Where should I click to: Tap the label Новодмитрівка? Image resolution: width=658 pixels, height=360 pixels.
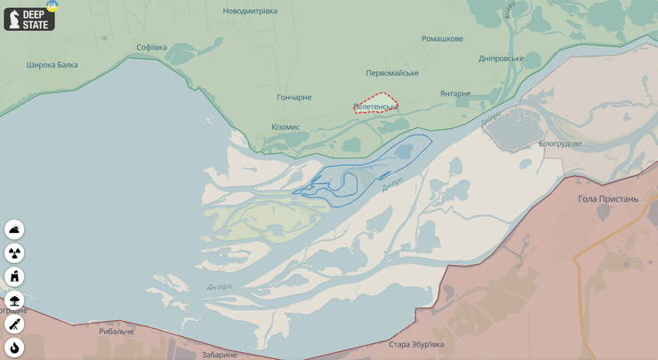pyautogui.click(x=250, y=11)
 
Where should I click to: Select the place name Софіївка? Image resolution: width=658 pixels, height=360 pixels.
pyautogui.click(x=151, y=47)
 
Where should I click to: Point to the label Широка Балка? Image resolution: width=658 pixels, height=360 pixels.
pyautogui.click(x=52, y=65)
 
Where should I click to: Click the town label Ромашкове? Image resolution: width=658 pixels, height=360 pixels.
pyautogui.click(x=442, y=39)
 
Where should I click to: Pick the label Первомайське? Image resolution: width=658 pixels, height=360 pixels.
pyautogui.click(x=392, y=73)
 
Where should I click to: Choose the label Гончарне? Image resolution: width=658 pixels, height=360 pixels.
pyautogui.click(x=294, y=97)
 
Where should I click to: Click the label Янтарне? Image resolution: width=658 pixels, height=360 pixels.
pyautogui.click(x=454, y=93)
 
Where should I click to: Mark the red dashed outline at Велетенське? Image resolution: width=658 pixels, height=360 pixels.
pyautogui.click(x=375, y=103)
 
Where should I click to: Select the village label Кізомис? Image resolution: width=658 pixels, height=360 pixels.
pyautogui.click(x=285, y=127)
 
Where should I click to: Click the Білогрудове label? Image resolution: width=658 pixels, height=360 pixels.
pyautogui.click(x=560, y=143)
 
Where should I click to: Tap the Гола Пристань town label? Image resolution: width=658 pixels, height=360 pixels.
pyautogui.click(x=608, y=199)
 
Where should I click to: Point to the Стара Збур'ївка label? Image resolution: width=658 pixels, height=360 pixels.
pyautogui.click(x=416, y=344)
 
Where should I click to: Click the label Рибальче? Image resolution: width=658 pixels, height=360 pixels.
pyautogui.click(x=116, y=332)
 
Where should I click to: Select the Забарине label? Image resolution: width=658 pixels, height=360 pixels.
pyautogui.click(x=219, y=354)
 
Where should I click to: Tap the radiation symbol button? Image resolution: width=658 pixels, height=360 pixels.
pyautogui.click(x=14, y=253)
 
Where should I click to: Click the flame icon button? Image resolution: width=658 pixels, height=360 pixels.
pyautogui.click(x=14, y=347)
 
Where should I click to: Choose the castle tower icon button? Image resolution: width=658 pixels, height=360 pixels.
pyautogui.click(x=14, y=276)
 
